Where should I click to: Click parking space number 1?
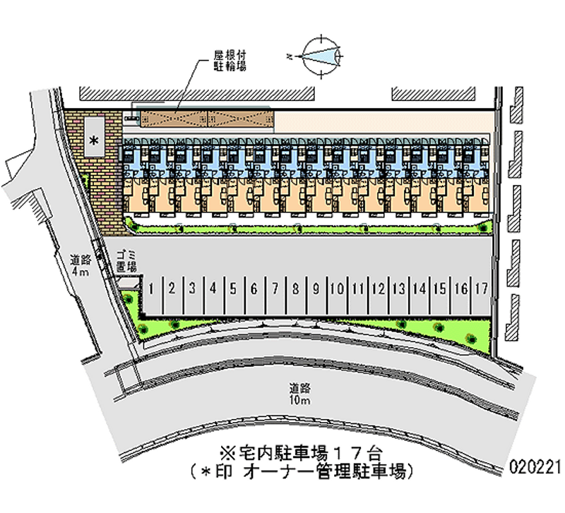tap(151, 288)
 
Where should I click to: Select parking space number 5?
tap(232, 288)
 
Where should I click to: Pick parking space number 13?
tap(399, 288)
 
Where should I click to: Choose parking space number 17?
tap(482, 288)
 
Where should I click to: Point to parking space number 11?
tap(358, 288)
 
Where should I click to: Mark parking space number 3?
tap(191, 288)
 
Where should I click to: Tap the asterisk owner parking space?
tap(93, 139)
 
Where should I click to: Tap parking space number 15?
tap(440, 288)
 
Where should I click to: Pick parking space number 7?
tap(275, 288)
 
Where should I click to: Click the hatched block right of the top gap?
tap(432, 94)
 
